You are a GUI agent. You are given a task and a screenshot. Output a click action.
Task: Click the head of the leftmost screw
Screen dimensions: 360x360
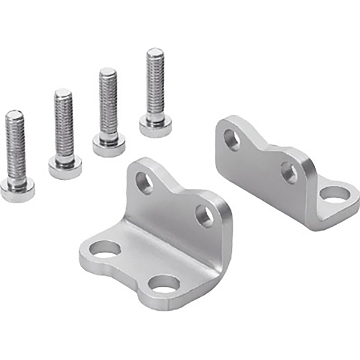pos(17,190)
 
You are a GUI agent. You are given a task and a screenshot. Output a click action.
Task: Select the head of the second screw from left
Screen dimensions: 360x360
pos(65,167)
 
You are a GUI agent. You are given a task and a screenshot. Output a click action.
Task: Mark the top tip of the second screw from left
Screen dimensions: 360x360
pos(63,93)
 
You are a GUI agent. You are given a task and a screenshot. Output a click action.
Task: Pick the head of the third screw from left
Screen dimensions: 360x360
pos(109,146)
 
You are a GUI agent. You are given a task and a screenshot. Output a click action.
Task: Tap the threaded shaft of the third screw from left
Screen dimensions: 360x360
pos(108,105)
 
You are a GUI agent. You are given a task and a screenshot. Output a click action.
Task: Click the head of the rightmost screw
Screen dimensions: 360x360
pos(155,127)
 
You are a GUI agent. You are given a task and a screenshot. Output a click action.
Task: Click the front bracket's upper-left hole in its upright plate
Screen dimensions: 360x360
pos(144,183)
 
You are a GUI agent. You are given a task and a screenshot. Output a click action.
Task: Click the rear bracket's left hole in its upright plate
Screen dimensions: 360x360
pos(232,139)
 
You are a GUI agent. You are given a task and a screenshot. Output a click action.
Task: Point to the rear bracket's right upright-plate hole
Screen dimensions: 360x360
pos(289,173)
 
